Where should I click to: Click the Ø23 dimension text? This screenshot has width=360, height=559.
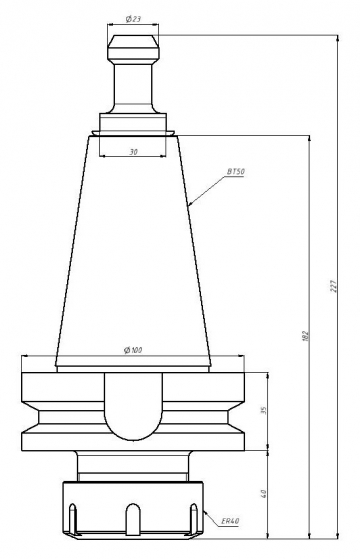(133, 19)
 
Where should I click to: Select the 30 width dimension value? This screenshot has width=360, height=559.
(133, 152)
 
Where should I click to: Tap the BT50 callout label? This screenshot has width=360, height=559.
(236, 172)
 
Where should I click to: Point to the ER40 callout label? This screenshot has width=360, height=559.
(230, 521)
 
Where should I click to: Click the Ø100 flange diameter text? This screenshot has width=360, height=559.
(133, 350)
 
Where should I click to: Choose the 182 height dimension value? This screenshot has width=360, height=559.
(305, 335)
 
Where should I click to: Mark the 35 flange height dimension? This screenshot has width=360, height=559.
(264, 410)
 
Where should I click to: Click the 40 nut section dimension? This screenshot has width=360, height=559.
(264, 494)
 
